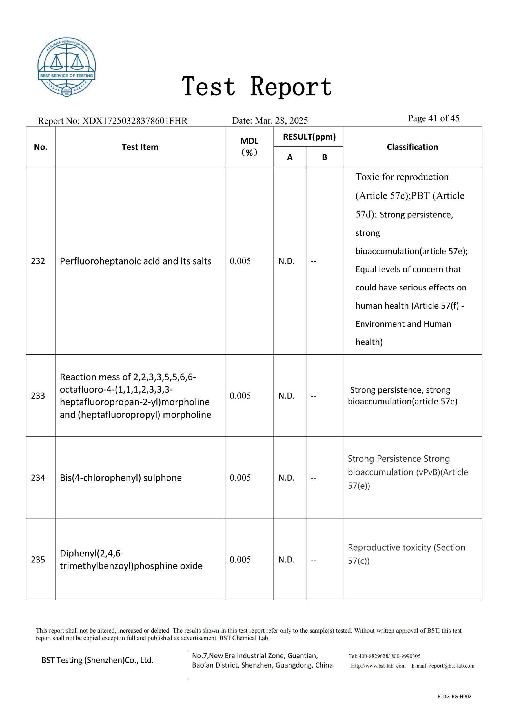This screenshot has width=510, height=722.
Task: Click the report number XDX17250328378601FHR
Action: coord(134,121)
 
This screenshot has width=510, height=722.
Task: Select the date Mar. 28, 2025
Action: coord(281,120)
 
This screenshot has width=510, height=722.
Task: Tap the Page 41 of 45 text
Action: coord(433,118)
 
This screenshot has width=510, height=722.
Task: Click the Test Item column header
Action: coord(140,147)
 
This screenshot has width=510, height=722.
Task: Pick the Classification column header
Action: coord(412,147)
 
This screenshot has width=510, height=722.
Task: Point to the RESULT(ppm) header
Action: coord(309,137)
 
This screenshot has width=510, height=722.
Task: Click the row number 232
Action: coord(38,261)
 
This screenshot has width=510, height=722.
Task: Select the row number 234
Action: coord(38,478)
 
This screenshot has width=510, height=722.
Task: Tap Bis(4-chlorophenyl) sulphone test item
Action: coord(121,478)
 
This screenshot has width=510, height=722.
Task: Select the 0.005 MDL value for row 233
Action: coord(240,396)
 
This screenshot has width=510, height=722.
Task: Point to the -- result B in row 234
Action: coord(314,478)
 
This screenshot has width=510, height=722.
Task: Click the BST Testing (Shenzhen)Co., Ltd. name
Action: coord(97,660)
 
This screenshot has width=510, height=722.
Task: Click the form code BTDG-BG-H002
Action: coord(454,705)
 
